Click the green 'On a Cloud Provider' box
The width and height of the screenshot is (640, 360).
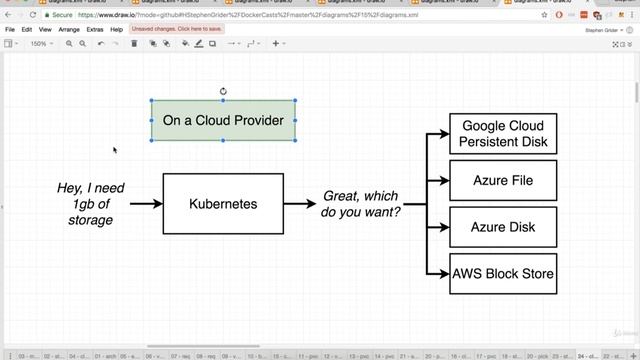coord(223,120)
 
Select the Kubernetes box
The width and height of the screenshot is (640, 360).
coord(223,204)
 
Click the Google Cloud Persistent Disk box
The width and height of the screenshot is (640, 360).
coord(503,134)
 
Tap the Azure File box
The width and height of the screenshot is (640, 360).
coord(503,181)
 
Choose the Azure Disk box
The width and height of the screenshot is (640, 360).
coord(503,227)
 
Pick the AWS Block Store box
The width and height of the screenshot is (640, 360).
coord(503,273)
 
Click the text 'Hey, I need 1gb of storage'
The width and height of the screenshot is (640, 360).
coord(92,204)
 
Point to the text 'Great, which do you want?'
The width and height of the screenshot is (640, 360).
coord(360,204)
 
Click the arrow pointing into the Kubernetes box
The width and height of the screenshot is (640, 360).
coord(146,204)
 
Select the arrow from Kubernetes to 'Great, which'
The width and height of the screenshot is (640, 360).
coord(299,204)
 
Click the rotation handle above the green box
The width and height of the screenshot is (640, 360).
coord(223,91)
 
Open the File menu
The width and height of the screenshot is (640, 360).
coord(10,30)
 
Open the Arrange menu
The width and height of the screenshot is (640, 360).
coord(69,30)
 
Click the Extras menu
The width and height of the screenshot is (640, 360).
coord(95,30)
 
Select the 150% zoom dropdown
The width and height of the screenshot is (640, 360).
coord(40,44)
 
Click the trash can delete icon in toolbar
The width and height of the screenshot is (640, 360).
coord(135,44)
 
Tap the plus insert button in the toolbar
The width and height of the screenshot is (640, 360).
coord(276,44)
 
